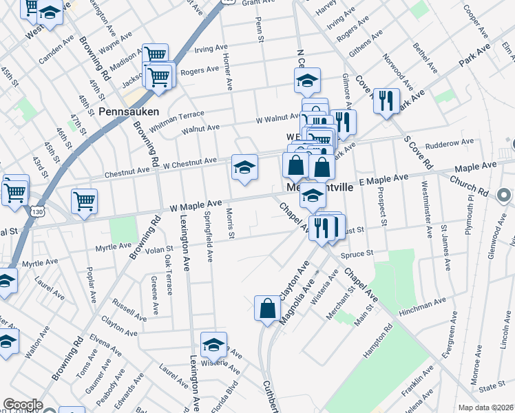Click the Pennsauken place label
(x=129, y=111)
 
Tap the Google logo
(x=23, y=405)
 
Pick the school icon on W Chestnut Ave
(x=244, y=167)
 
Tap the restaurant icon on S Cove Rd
(x=386, y=102)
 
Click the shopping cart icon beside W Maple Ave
(x=84, y=202)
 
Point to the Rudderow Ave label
(x=450, y=143)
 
